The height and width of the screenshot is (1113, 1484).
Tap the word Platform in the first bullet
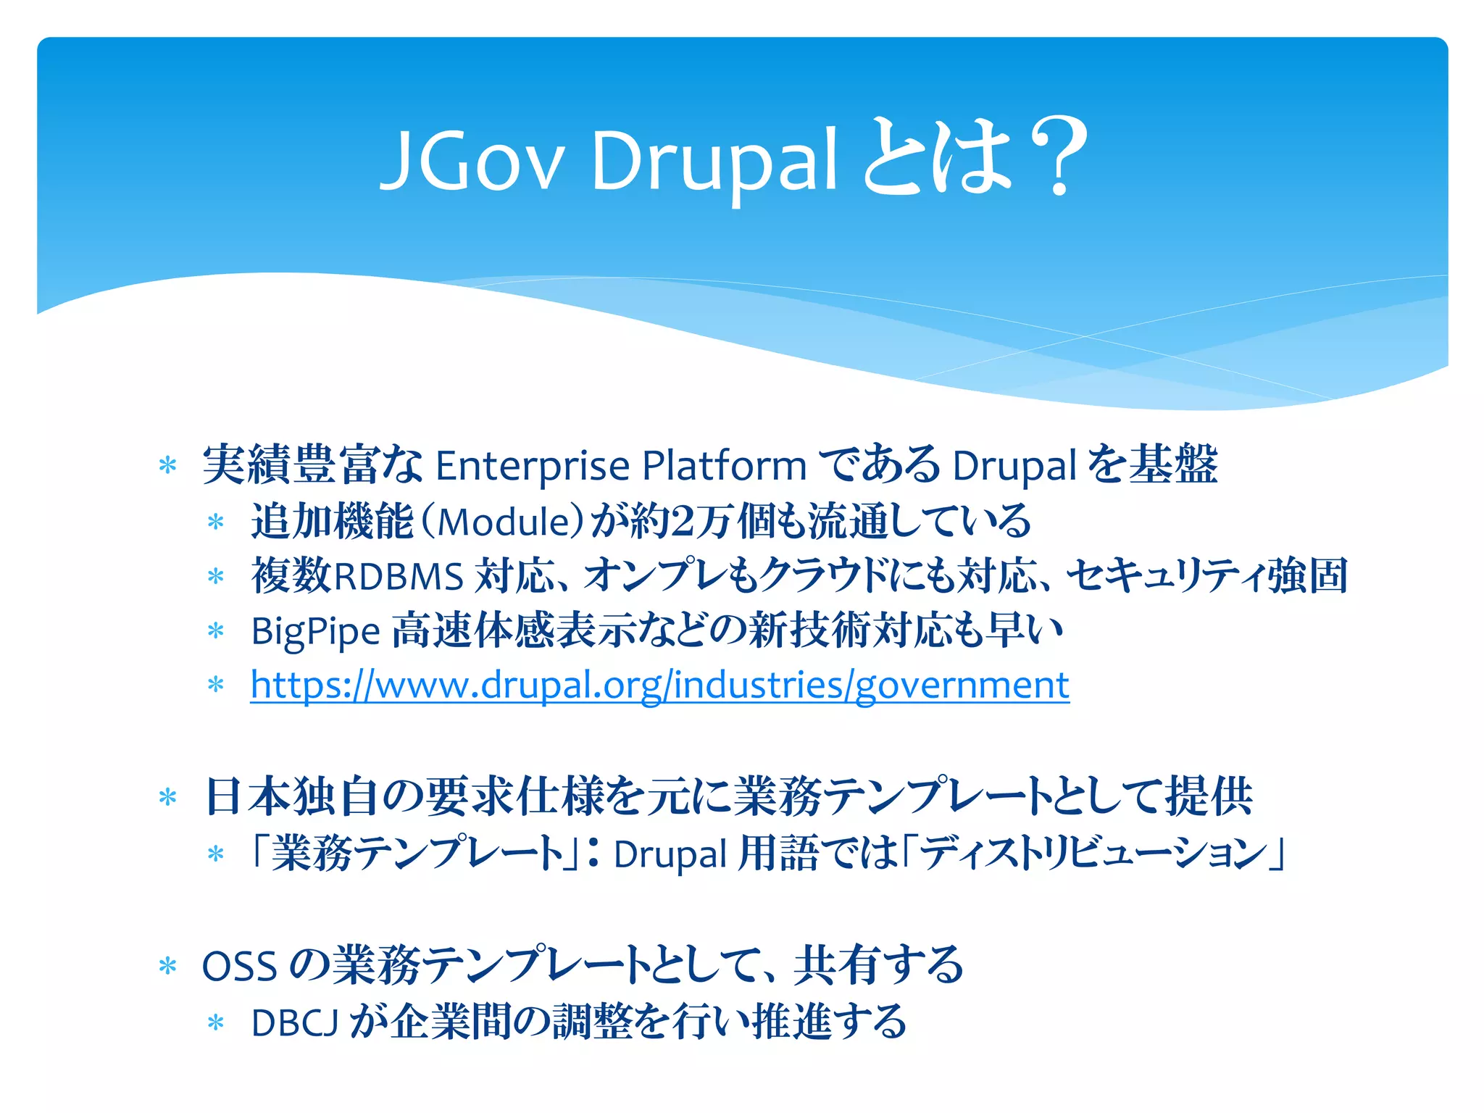pos(724,466)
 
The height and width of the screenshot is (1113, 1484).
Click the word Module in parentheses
pos(506,522)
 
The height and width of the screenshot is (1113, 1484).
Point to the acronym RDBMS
pos(398,578)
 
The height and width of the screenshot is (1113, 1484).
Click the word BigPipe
pos(315,632)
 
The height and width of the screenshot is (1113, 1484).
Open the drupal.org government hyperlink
pos(659,685)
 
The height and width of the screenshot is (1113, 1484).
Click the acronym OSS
pos(239,967)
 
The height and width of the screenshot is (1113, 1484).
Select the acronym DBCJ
pos(294,1023)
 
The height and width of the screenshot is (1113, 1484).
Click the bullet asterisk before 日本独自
pos(167,798)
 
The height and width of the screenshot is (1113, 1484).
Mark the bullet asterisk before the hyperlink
pos(215,685)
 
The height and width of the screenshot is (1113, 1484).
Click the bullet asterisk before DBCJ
pos(215,1023)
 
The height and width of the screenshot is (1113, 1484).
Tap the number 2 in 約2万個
pos(683,522)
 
